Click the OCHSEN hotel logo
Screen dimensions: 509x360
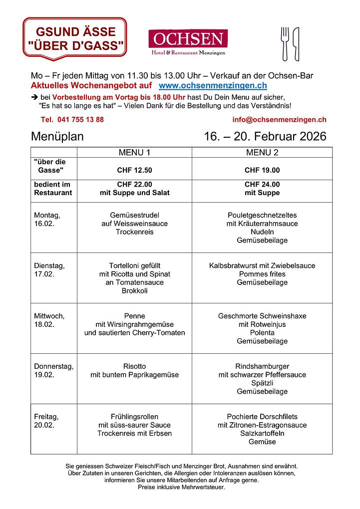point(188,42)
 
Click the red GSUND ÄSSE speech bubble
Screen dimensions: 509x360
point(75,39)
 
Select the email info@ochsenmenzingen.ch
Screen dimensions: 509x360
point(279,120)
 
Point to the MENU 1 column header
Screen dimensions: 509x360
point(134,152)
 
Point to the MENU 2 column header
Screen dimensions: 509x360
point(262,152)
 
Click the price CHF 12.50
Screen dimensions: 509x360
point(134,170)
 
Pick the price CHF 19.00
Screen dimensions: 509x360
point(262,170)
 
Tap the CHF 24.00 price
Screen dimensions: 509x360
point(262,184)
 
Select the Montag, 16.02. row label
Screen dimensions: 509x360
point(47,220)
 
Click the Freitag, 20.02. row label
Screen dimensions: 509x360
point(46,421)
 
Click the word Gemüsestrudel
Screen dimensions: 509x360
point(134,216)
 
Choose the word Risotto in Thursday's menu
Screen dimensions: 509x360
point(134,366)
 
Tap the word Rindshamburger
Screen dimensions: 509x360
point(262,366)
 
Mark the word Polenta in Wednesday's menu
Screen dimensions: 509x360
point(262,333)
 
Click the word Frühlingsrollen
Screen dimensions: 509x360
point(134,417)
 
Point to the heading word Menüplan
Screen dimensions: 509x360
point(57,137)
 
